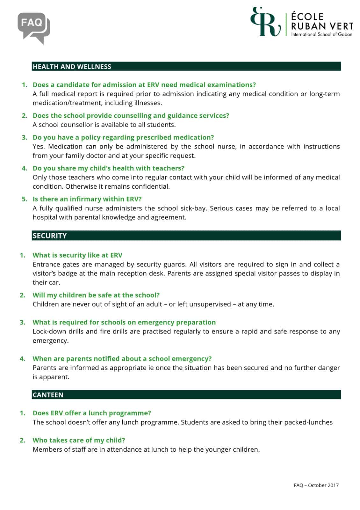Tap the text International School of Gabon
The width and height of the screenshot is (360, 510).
click(321, 34)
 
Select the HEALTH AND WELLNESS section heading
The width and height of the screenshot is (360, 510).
click(72, 67)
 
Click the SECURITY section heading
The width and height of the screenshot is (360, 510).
click(50, 236)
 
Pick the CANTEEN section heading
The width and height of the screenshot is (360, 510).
click(48, 395)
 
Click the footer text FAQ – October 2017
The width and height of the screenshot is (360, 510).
click(316, 485)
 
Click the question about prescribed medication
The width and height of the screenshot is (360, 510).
click(123, 137)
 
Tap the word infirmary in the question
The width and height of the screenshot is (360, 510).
click(87, 199)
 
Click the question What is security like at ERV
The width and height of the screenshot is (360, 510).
click(77, 255)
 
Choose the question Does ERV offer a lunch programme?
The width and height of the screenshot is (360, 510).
click(92, 413)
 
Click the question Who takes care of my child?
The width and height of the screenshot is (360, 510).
click(79, 440)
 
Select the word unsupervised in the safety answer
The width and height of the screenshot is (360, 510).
click(210, 304)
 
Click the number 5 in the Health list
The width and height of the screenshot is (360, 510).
click(25, 199)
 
